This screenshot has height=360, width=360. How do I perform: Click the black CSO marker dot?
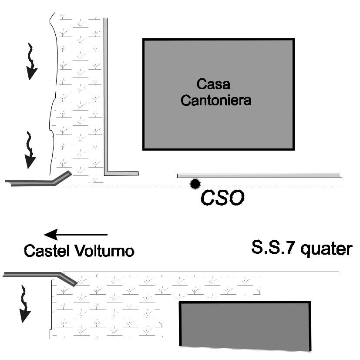pyautogui.click(x=195, y=184)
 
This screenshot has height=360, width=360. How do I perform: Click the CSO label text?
pyautogui.click(x=222, y=199)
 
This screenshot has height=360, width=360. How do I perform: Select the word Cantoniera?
pyautogui.click(x=216, y=101)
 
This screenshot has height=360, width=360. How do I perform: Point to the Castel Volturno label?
pyautogui.click(x=79, y=251)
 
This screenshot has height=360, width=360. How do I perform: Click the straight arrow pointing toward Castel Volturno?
pyautogui.click(x=76, y=235)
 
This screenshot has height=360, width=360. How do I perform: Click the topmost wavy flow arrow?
pyautogui.click(x=31, y=61)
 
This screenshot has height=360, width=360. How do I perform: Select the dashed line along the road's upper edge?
pyautogui.click(x=131, y=187)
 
